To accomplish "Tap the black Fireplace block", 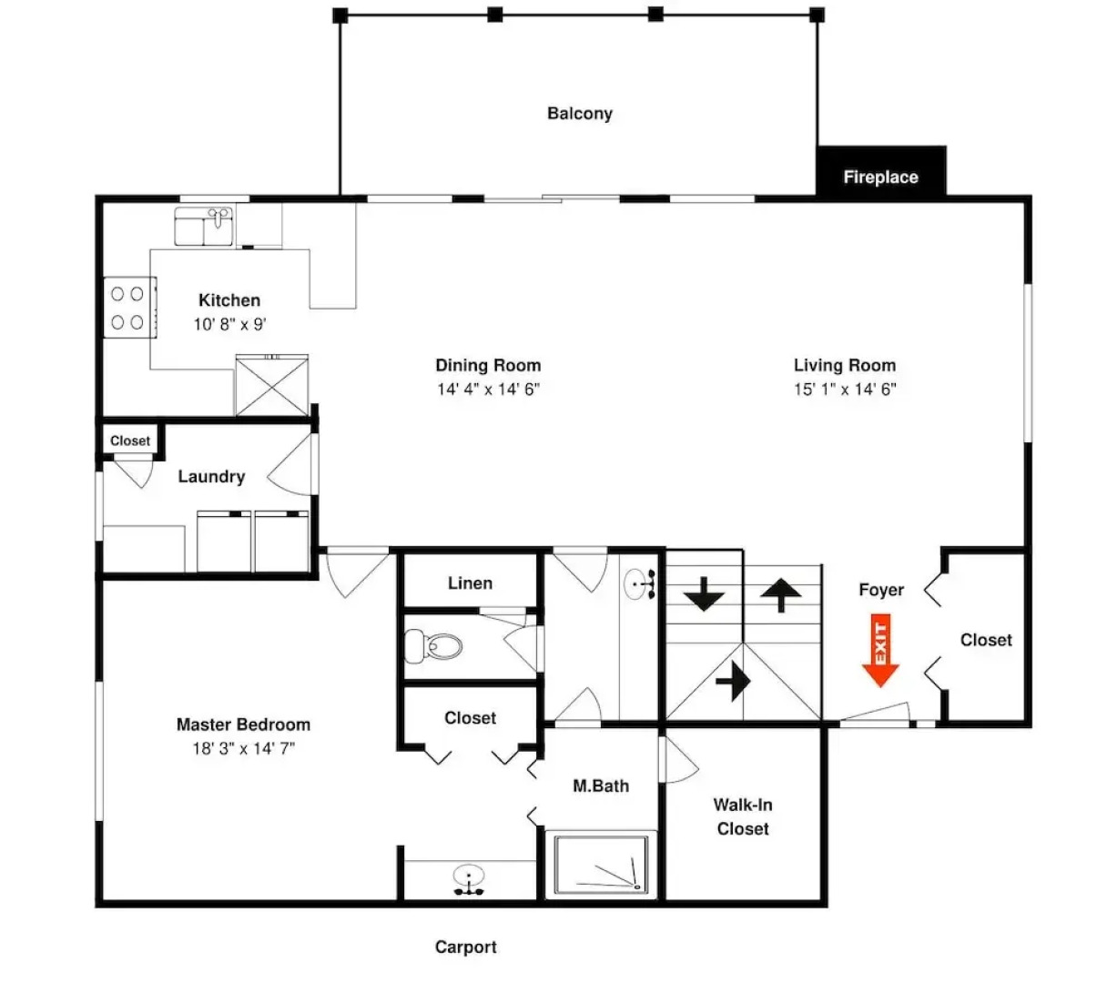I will tap(880, 172).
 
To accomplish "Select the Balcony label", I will tap(579, 114).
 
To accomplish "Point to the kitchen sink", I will tap(204, 226).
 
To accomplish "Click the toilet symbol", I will tap(433, 645).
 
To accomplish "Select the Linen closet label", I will tap(470, 583).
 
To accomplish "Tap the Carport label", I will tap(465, 948).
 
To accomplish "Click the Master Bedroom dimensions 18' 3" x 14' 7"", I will tap(244, 749).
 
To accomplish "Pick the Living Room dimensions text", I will tap(845, 390).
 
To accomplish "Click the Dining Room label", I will tap(488, 366).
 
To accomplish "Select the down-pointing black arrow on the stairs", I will tap(705, 594).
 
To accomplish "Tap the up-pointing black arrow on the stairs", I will tap(780, 596).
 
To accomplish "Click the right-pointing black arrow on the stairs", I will tap(733, 681).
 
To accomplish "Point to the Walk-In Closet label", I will tap(742, 816).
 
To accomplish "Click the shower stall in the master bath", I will tap(602, 864).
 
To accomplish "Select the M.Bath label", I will tap(601, 786).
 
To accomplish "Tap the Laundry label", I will tap(211, 477).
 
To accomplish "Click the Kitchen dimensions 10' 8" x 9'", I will tap(229, 324).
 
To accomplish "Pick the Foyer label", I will tap(881, 590).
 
